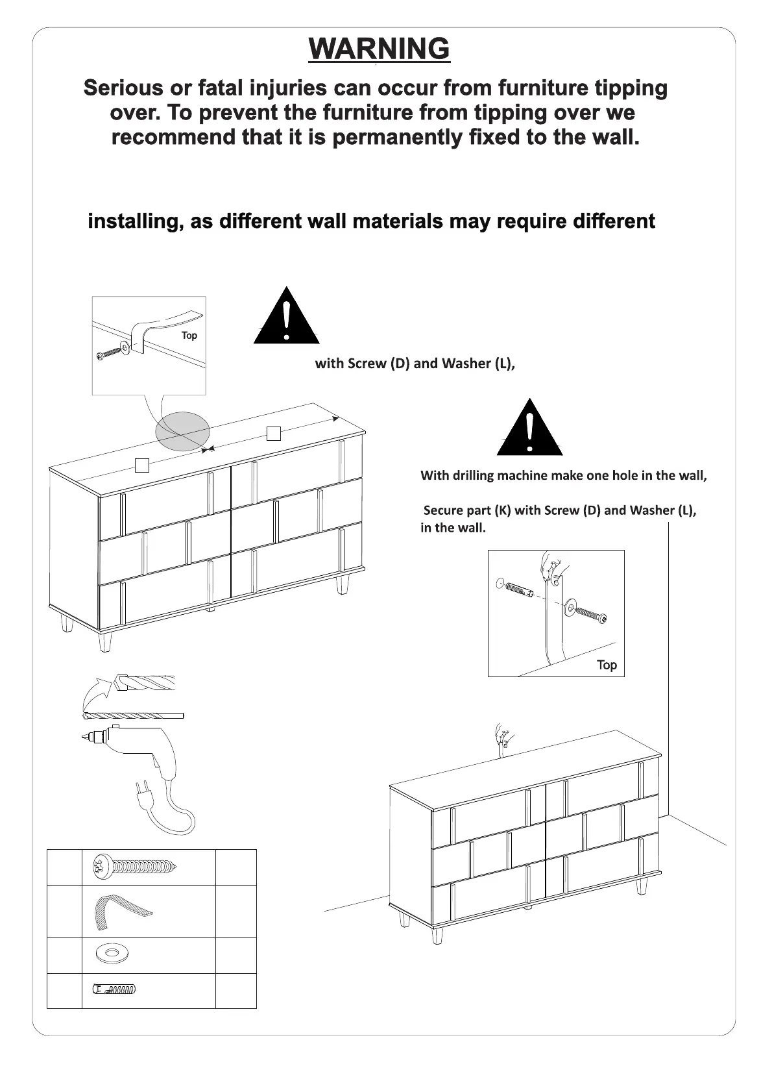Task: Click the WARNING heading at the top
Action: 380,49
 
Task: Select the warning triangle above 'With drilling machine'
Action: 530,428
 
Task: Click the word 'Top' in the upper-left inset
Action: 189,336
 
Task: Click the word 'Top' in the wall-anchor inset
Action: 607,665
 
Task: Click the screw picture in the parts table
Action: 134,867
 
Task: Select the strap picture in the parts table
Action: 123,911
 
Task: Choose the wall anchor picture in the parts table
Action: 114,990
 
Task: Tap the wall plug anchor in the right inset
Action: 516,589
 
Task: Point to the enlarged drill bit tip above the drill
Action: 144,683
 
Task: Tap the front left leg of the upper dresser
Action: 104,641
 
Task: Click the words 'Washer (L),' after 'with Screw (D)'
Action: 479,364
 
